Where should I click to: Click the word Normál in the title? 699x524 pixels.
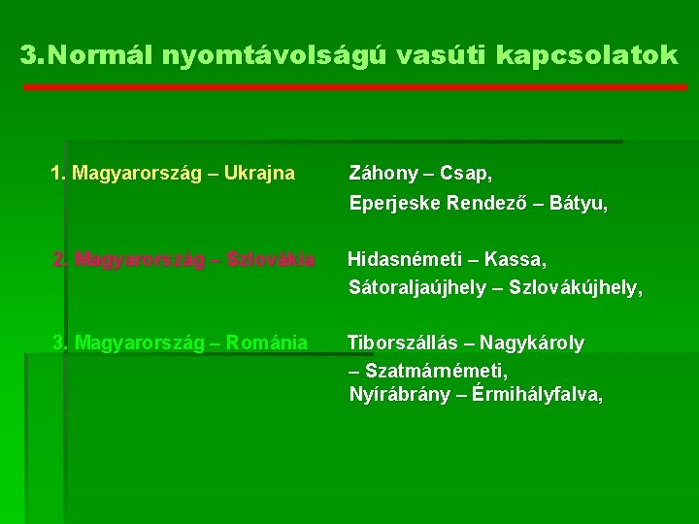click(x=92, y=56)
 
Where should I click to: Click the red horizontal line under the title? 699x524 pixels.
click(x=354, y=87)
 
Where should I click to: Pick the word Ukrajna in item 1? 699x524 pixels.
click(x=258, y=175)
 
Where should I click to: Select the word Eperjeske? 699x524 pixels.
click(x=392, y=204)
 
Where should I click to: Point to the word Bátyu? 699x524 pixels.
click(x=580, y=204)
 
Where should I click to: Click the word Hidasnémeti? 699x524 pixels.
click(x=407, y=260)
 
